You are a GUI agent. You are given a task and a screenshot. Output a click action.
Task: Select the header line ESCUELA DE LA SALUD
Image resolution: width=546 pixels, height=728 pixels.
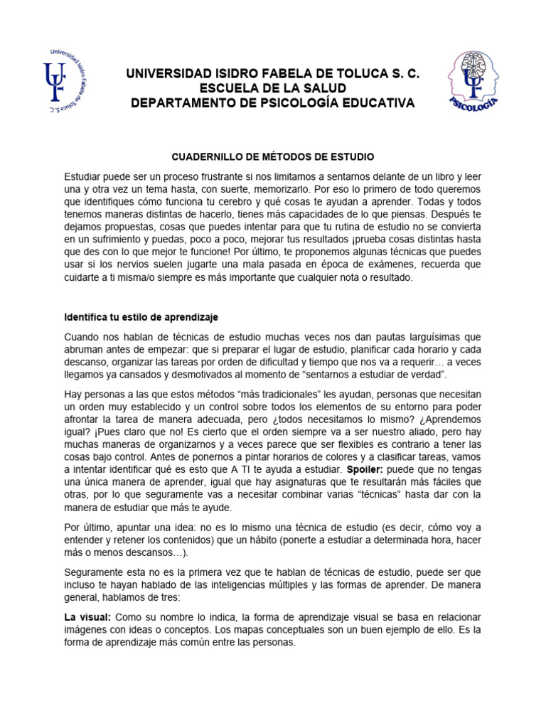click(273, 88)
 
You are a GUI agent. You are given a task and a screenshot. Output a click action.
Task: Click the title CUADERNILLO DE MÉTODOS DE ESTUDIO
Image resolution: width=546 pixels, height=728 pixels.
click(274, 156)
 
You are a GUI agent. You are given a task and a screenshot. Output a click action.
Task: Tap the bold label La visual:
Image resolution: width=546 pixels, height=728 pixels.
click(87, 616)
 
